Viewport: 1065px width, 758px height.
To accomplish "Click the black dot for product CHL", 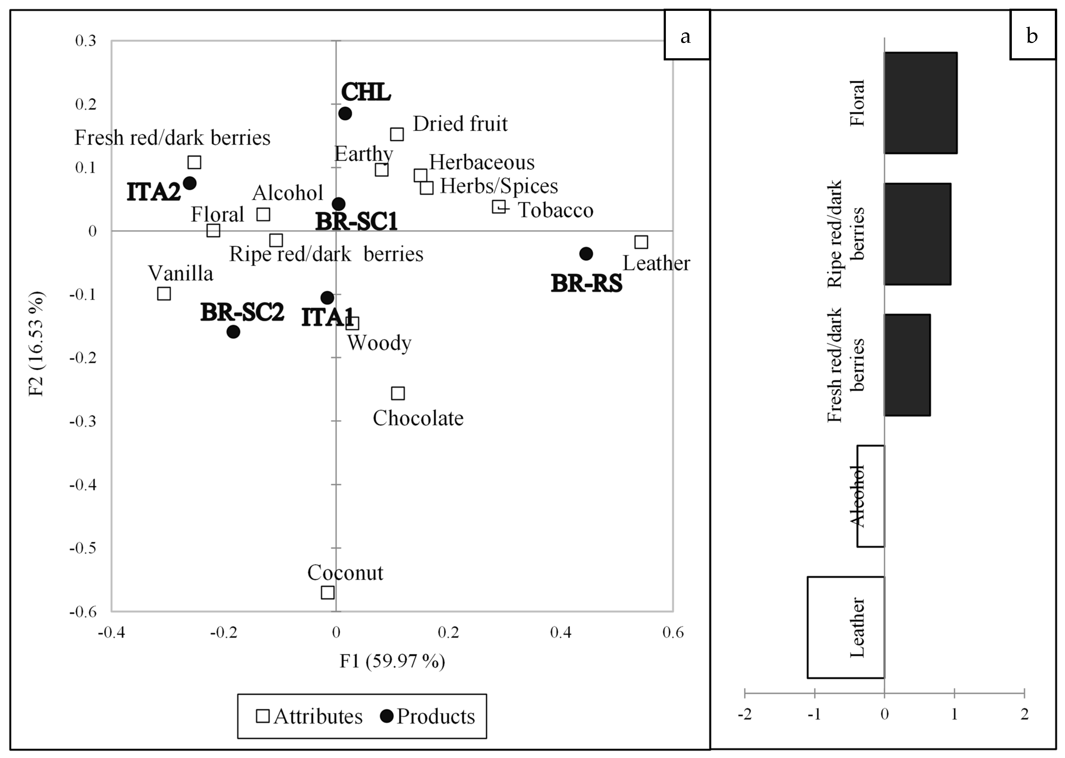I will click(345, 113).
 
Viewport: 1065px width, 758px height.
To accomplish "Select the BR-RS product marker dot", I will click(586, 254).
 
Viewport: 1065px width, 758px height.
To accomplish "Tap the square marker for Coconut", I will click(328, 592).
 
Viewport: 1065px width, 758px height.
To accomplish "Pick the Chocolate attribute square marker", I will click(398, 393).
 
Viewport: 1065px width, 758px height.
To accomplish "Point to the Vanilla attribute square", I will click(164, 294).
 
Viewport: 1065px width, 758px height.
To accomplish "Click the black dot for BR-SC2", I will click(233, 332).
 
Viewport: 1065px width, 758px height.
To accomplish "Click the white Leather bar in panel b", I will click(846, 627).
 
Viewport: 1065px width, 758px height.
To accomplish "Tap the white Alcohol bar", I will click(871, 496).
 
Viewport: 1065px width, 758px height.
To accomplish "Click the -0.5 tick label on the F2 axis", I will click(83, 548).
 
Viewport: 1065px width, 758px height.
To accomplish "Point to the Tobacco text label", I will click(555, 210).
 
